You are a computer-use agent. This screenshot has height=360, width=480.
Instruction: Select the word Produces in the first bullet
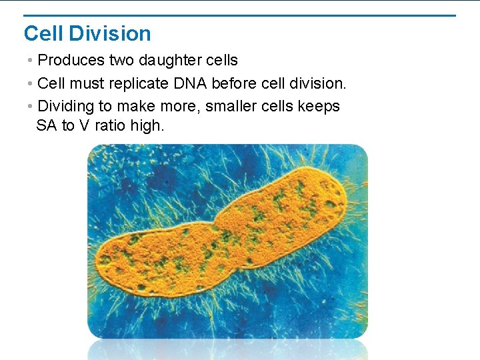(x=71, y=61)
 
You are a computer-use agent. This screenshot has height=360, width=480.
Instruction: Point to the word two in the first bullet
(x=122, y=61)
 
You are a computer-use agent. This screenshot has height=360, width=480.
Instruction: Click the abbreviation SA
(x=46, y=125)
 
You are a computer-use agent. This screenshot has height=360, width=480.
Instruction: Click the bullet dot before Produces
(x=31, y=61)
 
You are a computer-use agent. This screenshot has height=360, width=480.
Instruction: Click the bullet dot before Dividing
(x=31, y=106)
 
